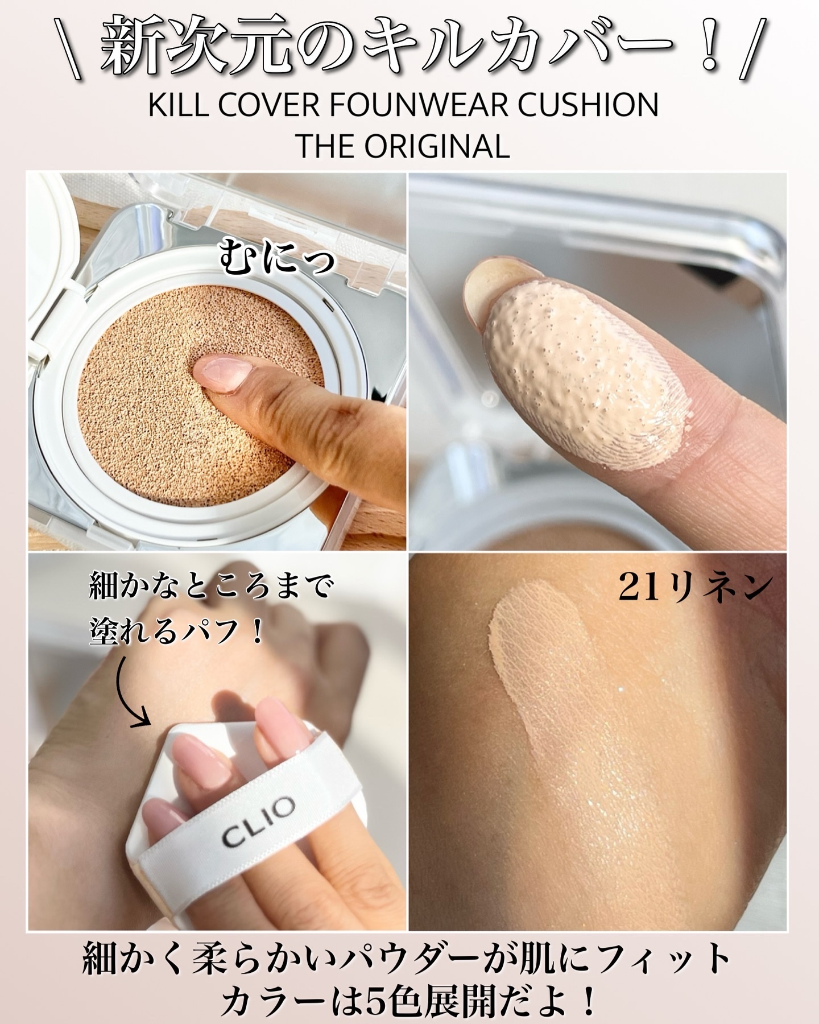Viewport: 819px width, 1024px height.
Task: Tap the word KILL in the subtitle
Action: click(x=172, y=106)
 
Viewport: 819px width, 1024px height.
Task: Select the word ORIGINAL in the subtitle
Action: click(x=437, y=146)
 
